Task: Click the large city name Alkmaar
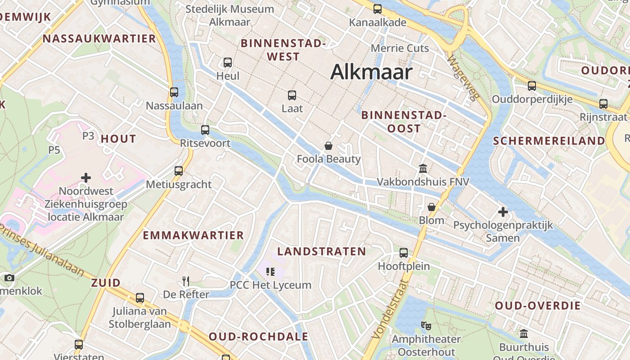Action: point(371,72)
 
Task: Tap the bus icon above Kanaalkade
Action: point(378,9)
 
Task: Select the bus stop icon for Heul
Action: point(228,63)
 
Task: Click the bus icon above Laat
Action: point(292,95)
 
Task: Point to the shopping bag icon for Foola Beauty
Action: point(328,146)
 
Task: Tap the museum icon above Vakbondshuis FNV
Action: point(423,169)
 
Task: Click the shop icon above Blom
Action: point(432,207)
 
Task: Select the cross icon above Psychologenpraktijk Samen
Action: point(503,211)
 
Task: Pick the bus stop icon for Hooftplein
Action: point(404,253)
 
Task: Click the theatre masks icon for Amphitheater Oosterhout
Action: point(426,325)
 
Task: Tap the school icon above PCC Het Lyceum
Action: point(270,271)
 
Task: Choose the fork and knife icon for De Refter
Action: point(186,281)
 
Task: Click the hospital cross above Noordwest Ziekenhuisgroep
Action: point(86,178)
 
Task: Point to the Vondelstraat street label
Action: point(390,310)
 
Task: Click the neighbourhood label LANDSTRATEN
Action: point(321,252)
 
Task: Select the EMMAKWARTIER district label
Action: point(193,235)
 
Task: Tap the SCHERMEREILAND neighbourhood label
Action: point(549,141)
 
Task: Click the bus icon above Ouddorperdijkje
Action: point(532,85)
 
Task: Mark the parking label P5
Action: point(54,150)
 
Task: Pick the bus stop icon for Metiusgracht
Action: point(179,171)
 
